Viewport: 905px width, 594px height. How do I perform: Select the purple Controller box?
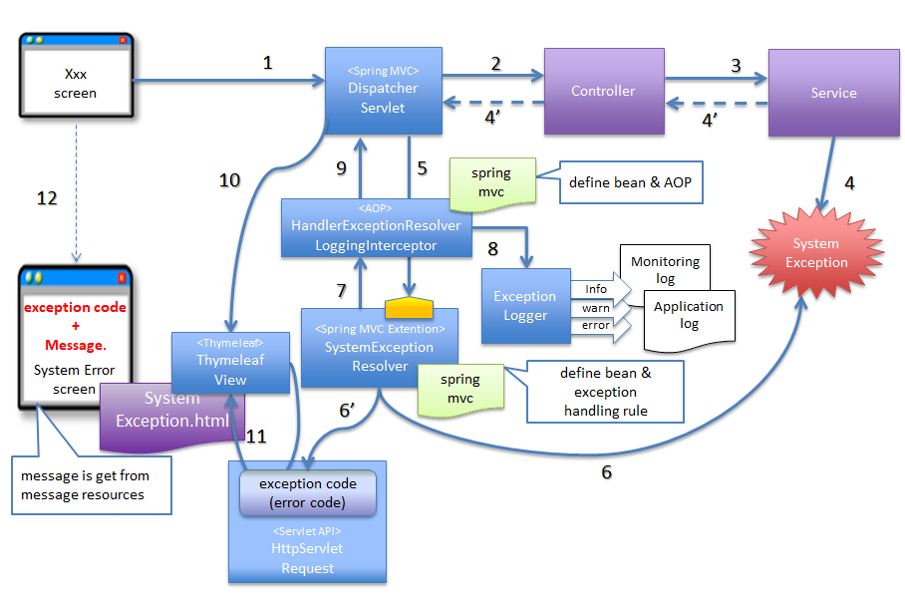[x=603, y=91]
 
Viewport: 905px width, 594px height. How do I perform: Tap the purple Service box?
[x=833, y=93]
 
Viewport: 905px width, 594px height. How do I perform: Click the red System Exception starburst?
[x=816, y=253]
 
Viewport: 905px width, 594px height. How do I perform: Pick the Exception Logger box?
[x=525, y=306]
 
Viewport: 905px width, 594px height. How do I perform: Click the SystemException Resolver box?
[x=379, y=348]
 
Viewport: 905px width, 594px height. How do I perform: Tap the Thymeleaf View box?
[x=230, y=362]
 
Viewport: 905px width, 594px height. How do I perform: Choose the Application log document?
[x=689, y=316]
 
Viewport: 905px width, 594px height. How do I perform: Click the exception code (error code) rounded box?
[x=307, y=492]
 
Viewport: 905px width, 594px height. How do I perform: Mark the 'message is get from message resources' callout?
[x=90, y=486]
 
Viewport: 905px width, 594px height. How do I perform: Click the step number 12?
[x=46, y=198]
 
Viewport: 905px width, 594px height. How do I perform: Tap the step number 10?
[x=229, y=180]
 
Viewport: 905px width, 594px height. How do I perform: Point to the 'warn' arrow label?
[x=596, y=308]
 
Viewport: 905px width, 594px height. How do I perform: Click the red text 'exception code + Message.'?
[x=76, y=326]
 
